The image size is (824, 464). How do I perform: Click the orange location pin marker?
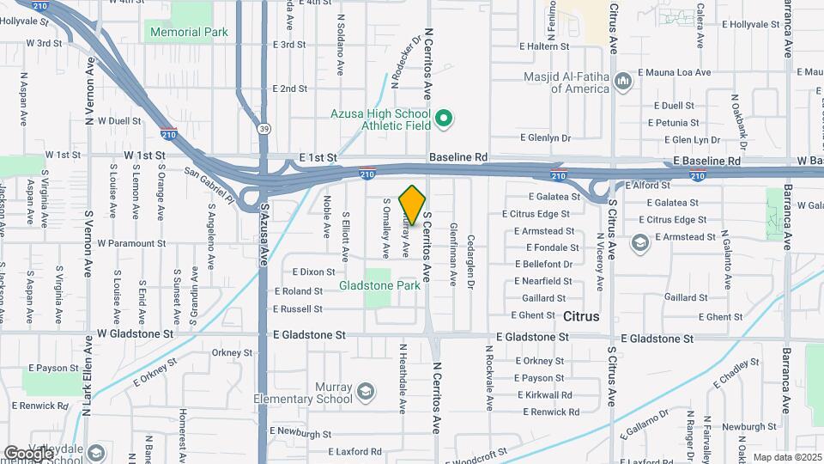click(413, 205)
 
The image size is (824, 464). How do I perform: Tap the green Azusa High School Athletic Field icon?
click(444, 119)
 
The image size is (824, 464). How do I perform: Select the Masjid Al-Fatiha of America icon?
click(623, 82)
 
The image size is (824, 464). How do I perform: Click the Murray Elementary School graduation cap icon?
click(366, 393)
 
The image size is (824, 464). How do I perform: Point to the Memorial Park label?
click(189, 32)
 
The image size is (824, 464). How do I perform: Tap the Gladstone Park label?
click(379, 285)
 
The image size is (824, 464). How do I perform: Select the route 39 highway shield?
click(263, 128)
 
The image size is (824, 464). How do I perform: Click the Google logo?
click(28, 453)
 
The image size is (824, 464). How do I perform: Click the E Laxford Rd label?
click(354, 451)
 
